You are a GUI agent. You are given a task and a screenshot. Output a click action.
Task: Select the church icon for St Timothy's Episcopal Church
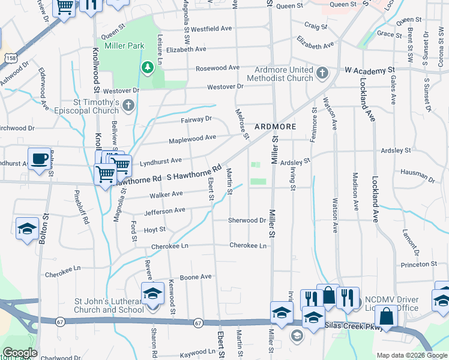click(127, 107)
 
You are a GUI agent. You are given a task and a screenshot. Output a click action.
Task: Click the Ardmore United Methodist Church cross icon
click(322, 74)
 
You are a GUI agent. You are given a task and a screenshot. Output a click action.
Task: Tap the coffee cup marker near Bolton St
click(40, 159)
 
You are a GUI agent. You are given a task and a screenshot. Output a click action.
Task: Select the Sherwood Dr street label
click(246, 220)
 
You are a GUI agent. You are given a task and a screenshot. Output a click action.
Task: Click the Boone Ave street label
click(196, 277)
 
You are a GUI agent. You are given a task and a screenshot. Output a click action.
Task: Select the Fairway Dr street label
click(197, 119)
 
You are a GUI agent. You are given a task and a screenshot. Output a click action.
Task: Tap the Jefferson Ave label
click(164, 211)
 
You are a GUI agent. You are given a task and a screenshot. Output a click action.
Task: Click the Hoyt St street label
click(154, 229)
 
